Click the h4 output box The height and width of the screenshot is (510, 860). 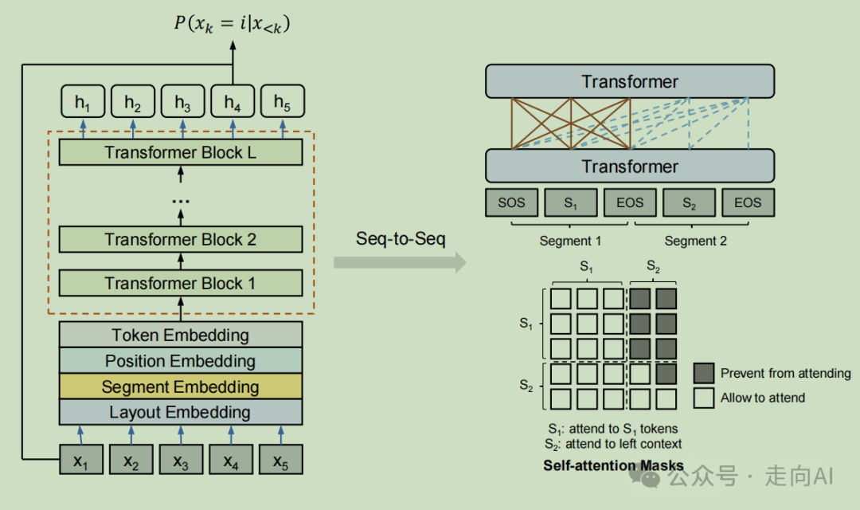(x=232, y=102)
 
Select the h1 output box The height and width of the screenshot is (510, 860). (x=83, y=102)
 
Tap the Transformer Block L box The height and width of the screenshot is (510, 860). (x=181, y=152)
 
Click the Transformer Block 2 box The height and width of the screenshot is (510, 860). (x=181, y=239)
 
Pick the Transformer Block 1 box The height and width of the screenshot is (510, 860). (x=181, y=283)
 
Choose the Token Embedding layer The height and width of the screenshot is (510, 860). (x=181, y=335)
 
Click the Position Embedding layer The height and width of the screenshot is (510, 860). (x=181, y=361)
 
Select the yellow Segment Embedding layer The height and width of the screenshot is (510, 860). (x=181, y=386)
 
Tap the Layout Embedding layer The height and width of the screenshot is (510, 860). (x=181, y=412)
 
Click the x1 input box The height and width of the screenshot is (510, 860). (x=82, y=461)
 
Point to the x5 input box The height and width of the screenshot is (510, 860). (x=281, y=461)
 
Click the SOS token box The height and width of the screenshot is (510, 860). (x=511, y=202)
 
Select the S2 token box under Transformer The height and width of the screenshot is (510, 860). (x=689, y=202)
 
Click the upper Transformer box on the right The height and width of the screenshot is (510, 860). (x=630, y=81)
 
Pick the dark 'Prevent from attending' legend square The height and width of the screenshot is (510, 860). (x=703, y=373)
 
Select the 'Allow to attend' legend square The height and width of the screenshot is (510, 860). (x=703, y=398)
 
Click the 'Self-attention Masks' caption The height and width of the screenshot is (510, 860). (x=613, y=465)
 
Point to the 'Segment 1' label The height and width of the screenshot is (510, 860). (x=570, y=241)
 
